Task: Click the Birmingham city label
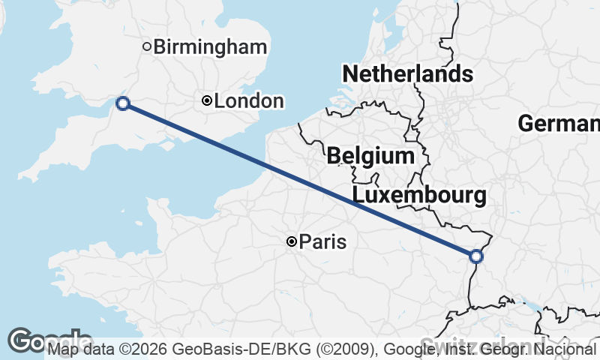pos(210,47)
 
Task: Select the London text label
pos(249,100)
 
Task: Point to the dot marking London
pos(207,100)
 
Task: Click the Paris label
pos(322,241)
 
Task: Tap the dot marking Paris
pos(291,241)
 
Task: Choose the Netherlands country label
pos(407,74)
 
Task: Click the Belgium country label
pos(370,156)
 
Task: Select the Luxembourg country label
pos(418,196)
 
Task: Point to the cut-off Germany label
pos(559,124)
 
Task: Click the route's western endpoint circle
pos(123,103)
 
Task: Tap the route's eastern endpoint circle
pos(475,256)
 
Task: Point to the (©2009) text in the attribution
pos(346,349)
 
